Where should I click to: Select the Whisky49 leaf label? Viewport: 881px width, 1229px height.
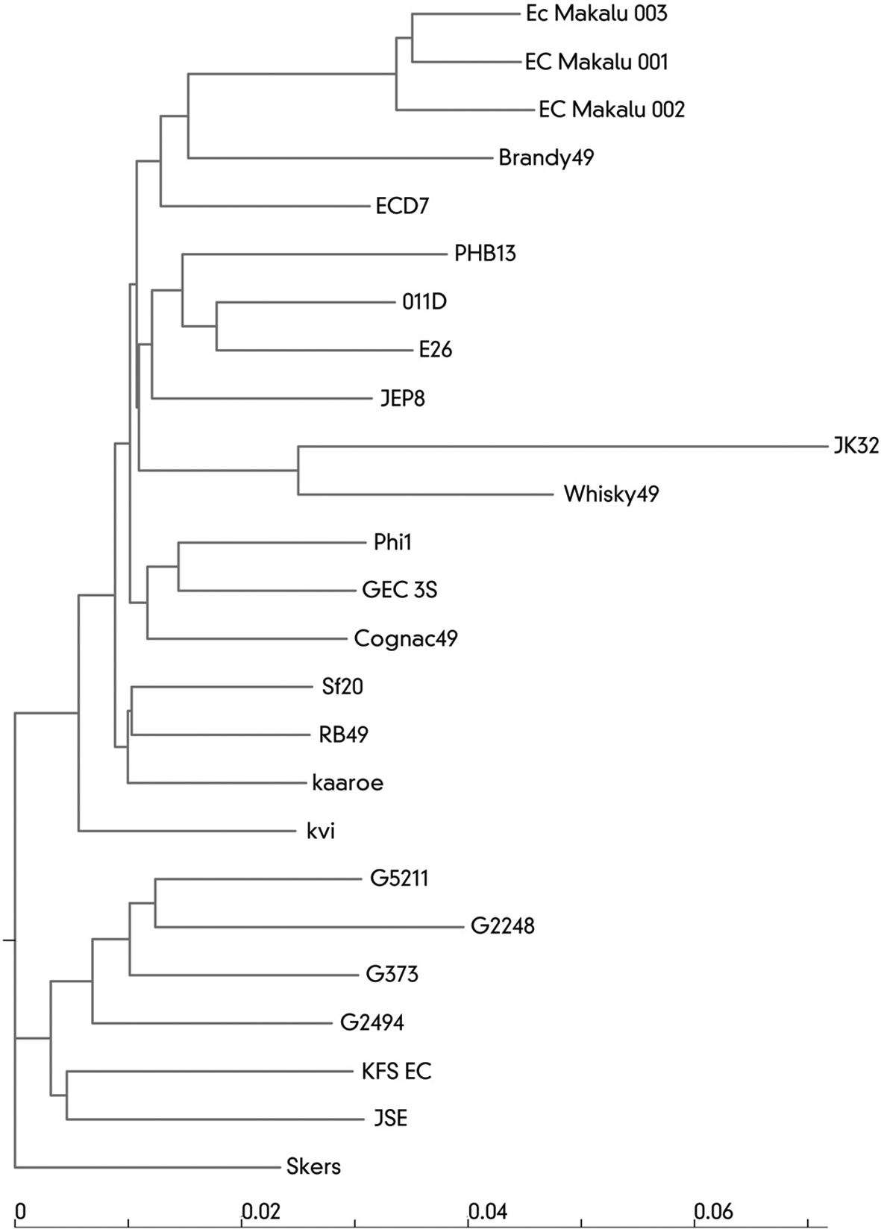tap(611, 494)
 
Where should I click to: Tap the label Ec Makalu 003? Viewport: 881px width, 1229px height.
tap(596, 13)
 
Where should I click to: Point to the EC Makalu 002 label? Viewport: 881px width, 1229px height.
tap(612, 110)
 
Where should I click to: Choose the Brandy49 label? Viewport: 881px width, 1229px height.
tap(546, 158)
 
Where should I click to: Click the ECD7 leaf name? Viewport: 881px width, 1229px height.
tap(402, 207)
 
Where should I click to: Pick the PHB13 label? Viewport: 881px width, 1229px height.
tap(485, 254)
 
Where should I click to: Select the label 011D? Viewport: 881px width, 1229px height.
tap(424, 302)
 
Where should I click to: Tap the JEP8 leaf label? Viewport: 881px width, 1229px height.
tap(403, 398)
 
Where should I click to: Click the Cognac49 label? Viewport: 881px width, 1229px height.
tap(406, 638)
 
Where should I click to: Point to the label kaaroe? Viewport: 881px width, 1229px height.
tap(348, 783)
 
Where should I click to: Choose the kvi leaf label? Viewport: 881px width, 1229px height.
tap(321, 832)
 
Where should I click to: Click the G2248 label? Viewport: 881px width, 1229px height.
tap(502, 927)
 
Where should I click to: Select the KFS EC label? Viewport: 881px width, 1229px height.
tap(396, 1071)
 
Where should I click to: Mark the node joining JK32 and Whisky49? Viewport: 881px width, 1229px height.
tap(298, 471)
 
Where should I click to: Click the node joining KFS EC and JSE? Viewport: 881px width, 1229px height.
tap(66, 1095)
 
